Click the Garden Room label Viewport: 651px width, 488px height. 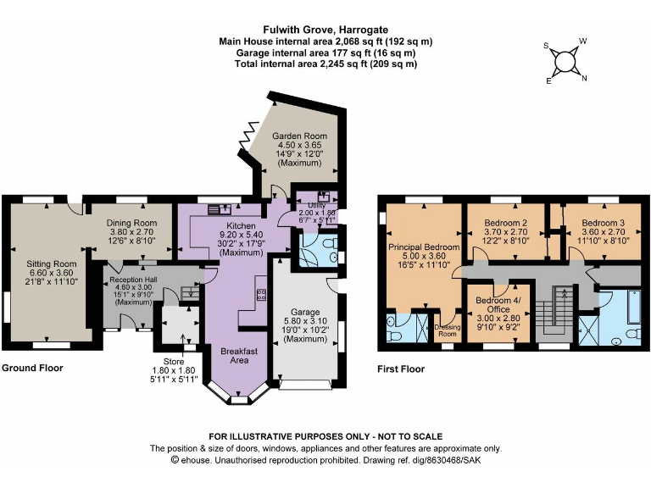(x=298, y=136)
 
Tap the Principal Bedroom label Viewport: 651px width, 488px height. (x=424, y=247)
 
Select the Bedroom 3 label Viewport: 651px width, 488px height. (x=603, y=222)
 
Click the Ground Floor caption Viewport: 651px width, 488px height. (x=32, y=369)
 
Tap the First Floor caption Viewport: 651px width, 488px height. (x=401, y=369)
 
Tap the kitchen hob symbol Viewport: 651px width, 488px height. (x=261, y=295)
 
